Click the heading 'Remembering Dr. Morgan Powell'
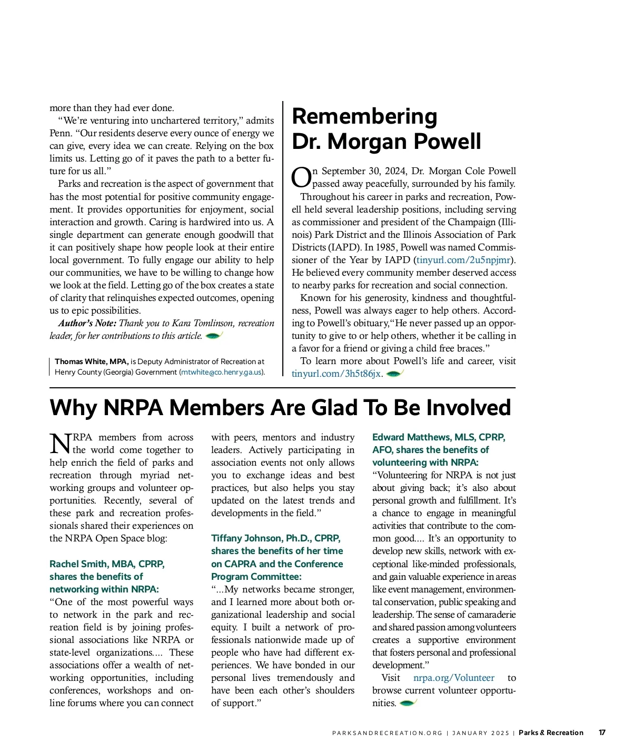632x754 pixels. (x=386, y=129)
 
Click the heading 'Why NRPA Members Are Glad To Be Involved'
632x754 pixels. (x=280, y=408)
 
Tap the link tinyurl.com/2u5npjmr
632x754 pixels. (x=463, y=260)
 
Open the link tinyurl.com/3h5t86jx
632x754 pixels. (x=336, y=374)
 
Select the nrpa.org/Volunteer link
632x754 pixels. (x=453, y=678)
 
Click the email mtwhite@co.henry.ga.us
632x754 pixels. (x=221, y=372)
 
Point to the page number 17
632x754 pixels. (x=601, y=732)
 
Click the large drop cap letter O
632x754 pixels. (x=301, y=177)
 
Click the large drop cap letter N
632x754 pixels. (x=60, y=444)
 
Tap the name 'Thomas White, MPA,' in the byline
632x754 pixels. (x=92, y=361)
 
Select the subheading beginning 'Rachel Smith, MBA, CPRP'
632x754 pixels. (x=107, y=577)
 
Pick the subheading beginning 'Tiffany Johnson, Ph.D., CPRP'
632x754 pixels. (x=277, y=557)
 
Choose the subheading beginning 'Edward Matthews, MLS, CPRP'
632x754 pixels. (x=438, y=450)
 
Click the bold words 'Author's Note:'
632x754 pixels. (x=87, y=323)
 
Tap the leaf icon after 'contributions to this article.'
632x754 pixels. (x=214, y=336)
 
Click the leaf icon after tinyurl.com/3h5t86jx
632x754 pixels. (x=394, y=374)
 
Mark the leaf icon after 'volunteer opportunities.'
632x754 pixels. (x=408, y=703)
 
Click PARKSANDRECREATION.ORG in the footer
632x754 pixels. (x=387, y=733)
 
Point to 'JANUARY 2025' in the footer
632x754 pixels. (x=480, y=733)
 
